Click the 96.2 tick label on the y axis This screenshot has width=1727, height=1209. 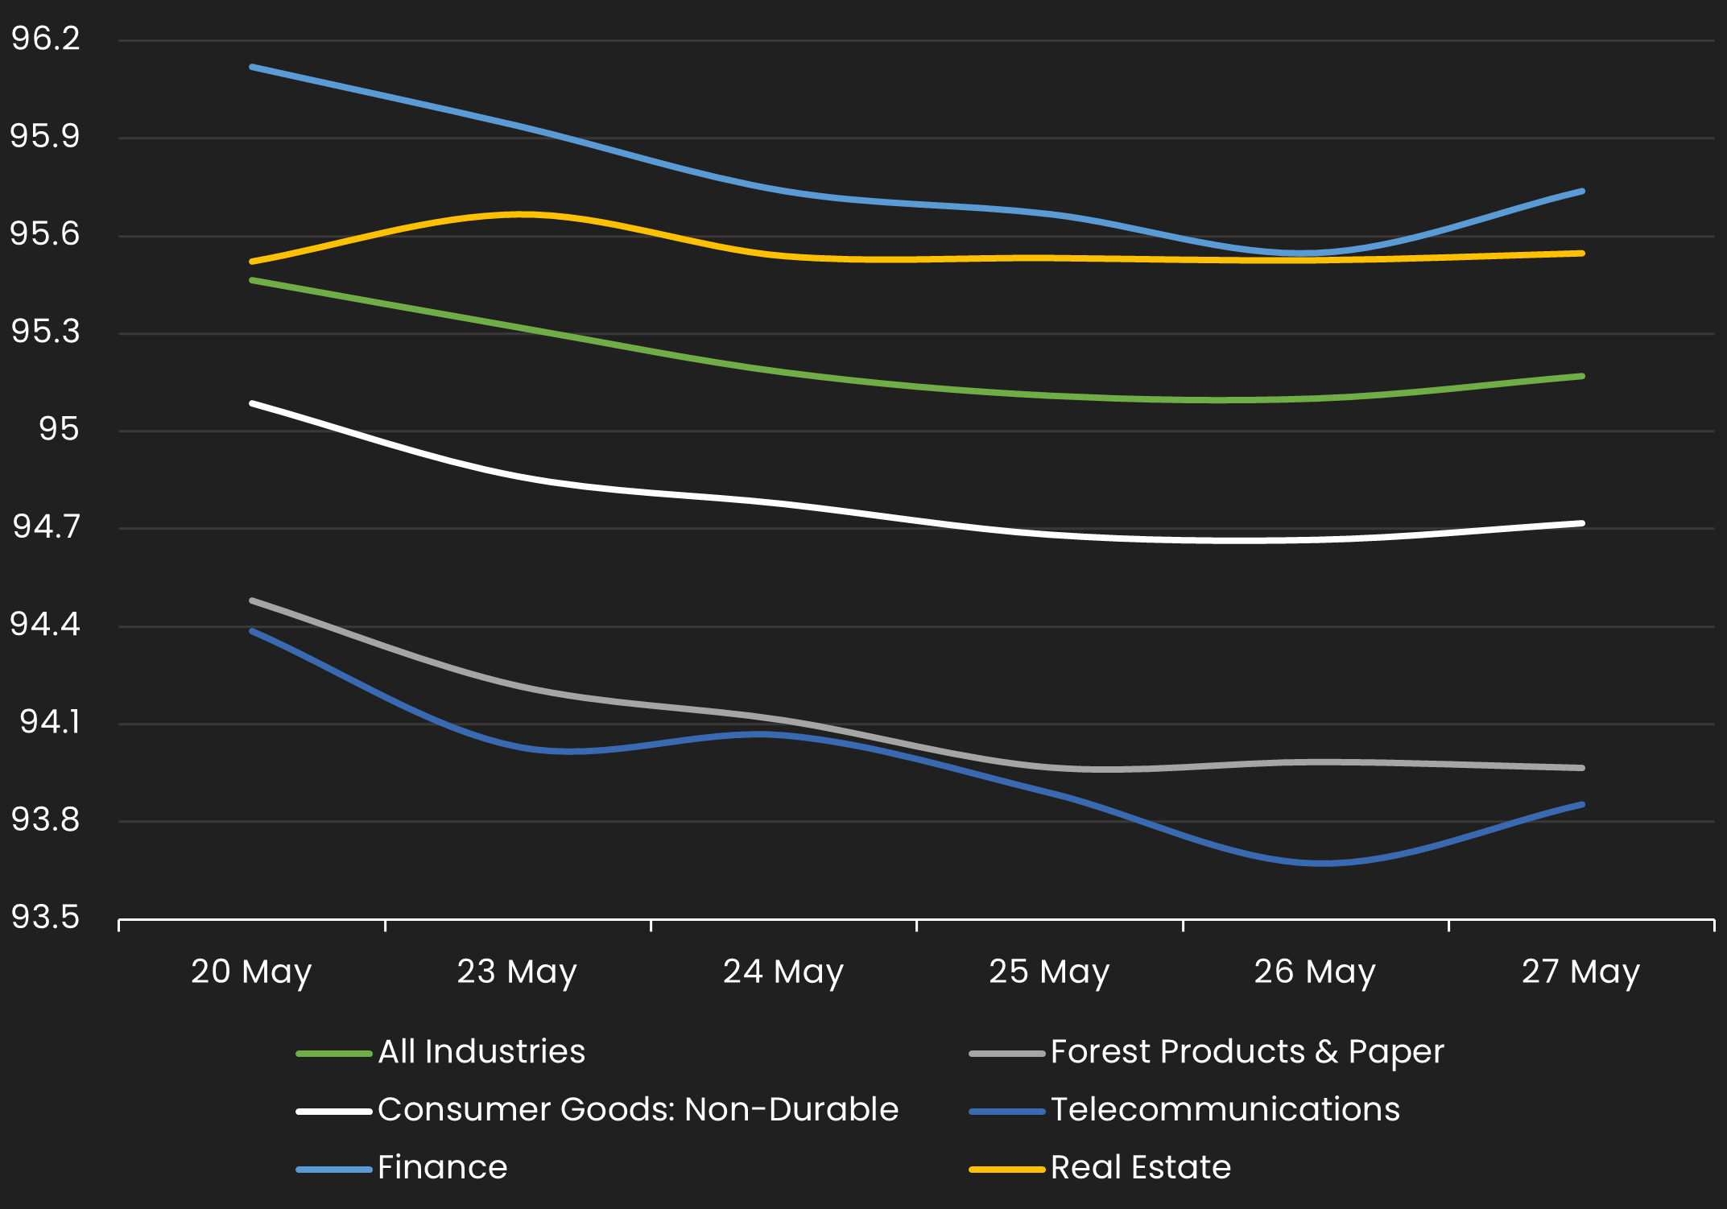[46, 39]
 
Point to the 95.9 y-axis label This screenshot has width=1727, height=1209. [46, 136]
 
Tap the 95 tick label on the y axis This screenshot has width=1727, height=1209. [59, 429]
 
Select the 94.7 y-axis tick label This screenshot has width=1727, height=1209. [46, 526]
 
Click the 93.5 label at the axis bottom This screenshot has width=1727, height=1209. [46, 917]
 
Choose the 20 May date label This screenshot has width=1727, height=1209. [251, 972]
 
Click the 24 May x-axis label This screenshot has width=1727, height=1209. [783, 972]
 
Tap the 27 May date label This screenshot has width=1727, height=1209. [1580, 972]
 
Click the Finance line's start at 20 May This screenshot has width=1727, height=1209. [253, 67]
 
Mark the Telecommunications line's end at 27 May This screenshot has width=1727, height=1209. [1582, 804]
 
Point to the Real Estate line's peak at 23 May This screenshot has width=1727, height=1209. [519, 214]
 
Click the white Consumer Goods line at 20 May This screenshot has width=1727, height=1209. [253, 402]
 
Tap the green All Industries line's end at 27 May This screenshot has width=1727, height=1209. [1582, 376]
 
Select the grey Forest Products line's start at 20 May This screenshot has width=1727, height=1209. [253, 600]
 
